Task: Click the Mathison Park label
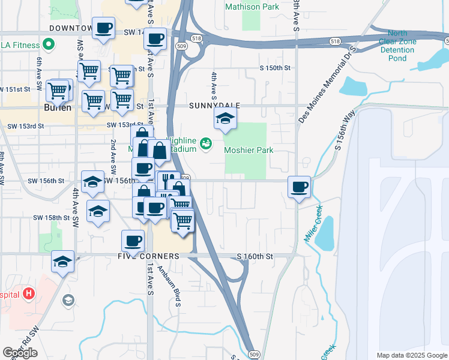(x=252, y=7)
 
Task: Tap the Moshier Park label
(x=249, y=149)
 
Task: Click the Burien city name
(x=58, y=108)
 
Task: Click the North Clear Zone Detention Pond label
(x=397, y=46)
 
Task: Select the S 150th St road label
(x=275, y=68)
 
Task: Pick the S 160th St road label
(x=255, y=256)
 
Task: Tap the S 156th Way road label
(x=346, y=131)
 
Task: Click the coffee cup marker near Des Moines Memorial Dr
(x=299, y=187)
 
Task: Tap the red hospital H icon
(x=28, y=294)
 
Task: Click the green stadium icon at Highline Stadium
(x=206, y=143)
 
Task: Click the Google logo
(x=20, y=353)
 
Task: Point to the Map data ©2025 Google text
(x=411, y=355)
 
